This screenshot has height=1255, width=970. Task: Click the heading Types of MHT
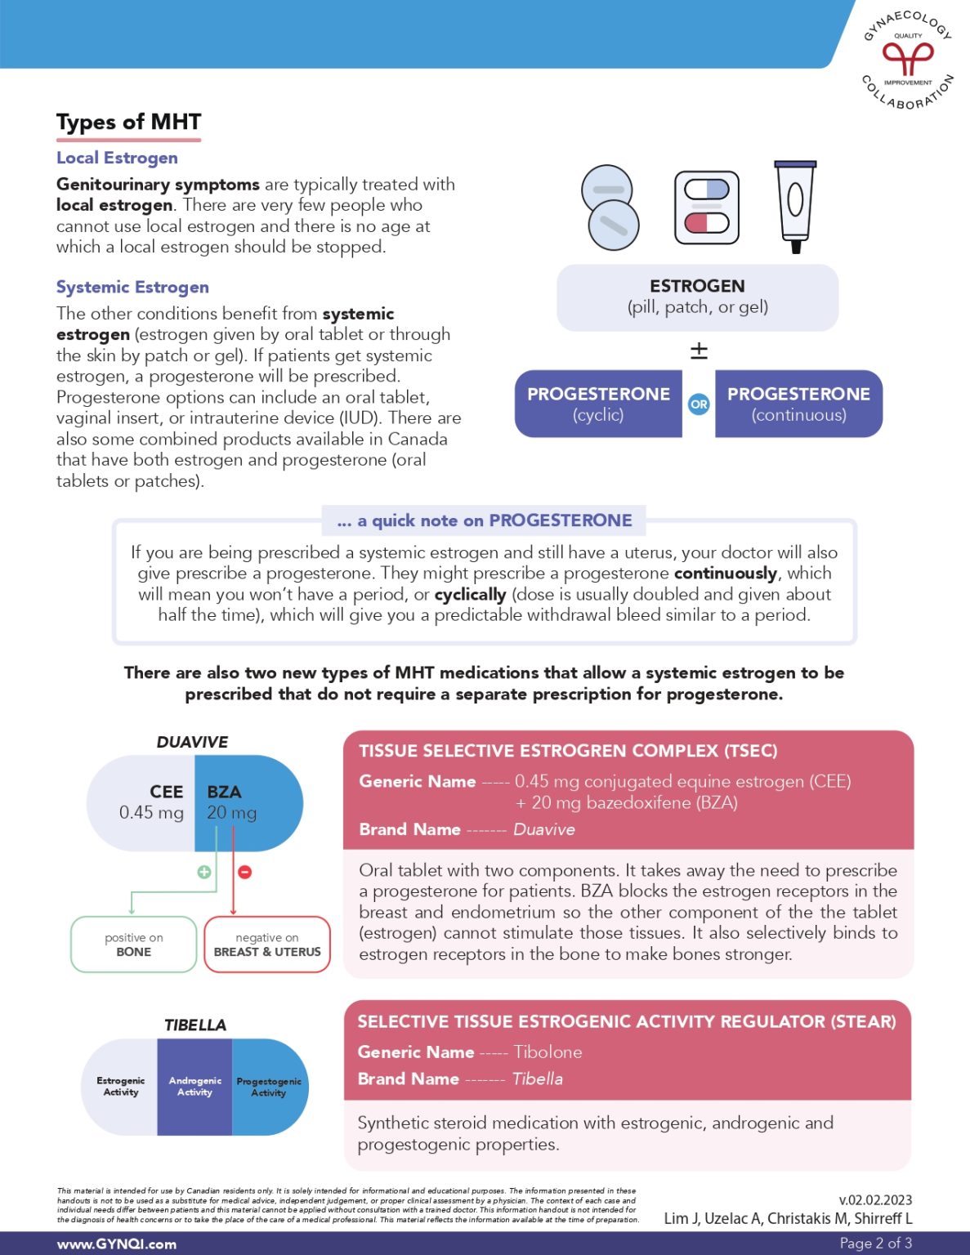(x=128, y=123)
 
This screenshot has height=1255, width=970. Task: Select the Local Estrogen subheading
(x=117, y=158)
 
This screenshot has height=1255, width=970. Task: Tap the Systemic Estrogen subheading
(x=132, y=287)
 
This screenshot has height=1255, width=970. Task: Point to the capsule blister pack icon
(x=706, y=208)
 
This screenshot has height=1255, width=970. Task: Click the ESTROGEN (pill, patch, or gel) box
(x=697, y=297)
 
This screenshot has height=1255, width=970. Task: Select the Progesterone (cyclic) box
(x=598, y=404)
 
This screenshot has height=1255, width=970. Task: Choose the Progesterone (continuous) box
(x=798, y=404)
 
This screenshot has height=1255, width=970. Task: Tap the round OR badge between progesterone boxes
(x=699, y=404)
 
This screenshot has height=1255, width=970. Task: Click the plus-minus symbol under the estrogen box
(x=699, y=351)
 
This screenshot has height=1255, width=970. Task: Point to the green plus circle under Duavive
(x=204, y=872)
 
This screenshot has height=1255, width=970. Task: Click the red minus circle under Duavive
(x=244, y=872)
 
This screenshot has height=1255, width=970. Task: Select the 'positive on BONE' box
(x=134, y=945)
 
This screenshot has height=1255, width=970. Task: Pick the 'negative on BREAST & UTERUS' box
(x=267, y=945)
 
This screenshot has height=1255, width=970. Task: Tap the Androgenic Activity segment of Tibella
(x=194, y=1087)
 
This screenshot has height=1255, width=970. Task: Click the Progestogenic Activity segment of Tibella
(x=269, y=1087)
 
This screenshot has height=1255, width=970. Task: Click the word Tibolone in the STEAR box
(x=548, y=1052)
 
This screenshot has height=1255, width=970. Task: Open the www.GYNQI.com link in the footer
(x=117, y=1244)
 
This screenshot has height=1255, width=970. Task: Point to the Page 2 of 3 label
(x=876, y=1243)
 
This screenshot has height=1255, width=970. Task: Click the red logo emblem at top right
(x=907, y=58)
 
